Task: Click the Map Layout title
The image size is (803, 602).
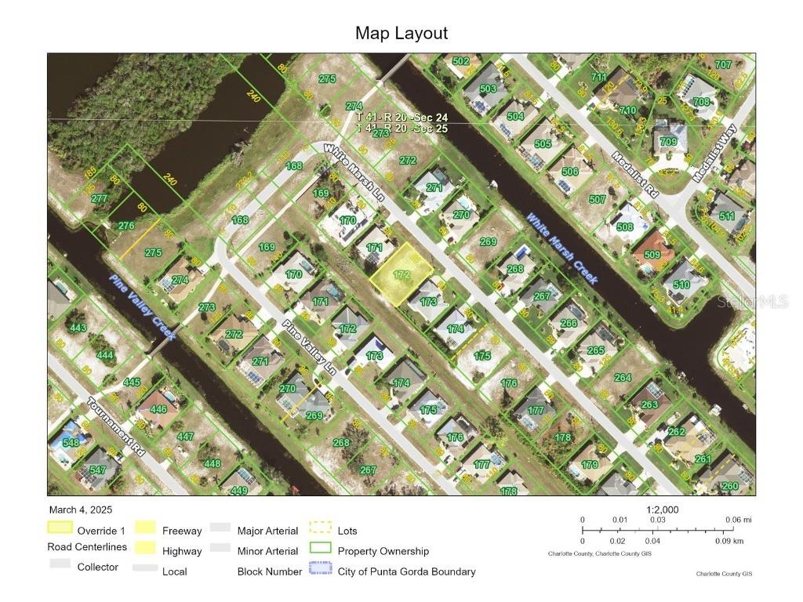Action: pyautogui.click(x=401, y=33)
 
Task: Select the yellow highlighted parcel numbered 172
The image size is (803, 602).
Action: pyautogui.click(x=401, y=274)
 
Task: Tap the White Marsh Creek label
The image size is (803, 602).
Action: pyautogui.click(x=561, y=248)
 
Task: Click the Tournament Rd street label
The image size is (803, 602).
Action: pyautogui.click(x=117, y=428)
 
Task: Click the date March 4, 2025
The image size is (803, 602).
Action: pyautogui.click(x=82, y=510)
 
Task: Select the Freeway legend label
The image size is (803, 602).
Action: pyautogui.click(x=182, y=531)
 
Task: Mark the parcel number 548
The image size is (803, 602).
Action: pyautogui.click(x=71, y=442)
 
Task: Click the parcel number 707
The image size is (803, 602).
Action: pyautogui.click(x=722, y=64)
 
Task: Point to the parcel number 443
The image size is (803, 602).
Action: pyautogui.click(x=78, y=328)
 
